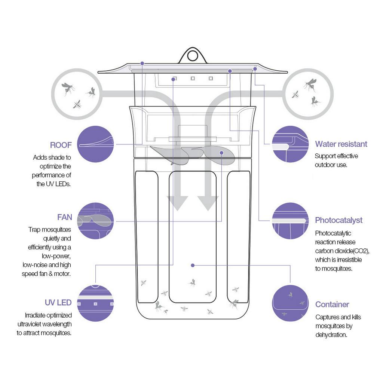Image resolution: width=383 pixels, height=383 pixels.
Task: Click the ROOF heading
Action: click(x=61, y=145)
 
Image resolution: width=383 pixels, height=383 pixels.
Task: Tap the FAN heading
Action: click(x=64, y=217)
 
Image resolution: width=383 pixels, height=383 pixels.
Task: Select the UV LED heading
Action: click(x=58, y=302)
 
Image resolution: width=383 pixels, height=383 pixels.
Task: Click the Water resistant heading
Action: click(x=341, y=144)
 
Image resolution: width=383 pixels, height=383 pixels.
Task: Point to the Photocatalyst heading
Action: click(x=338, y=220)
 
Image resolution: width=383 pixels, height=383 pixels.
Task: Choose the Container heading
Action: click(x=332, y=304)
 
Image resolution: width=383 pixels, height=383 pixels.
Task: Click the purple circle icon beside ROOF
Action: click(x=95, y=144)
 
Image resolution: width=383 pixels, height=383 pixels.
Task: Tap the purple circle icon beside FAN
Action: click(x=95, y=221)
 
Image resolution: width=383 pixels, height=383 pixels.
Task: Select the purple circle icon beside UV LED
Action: click(x=95, y=303)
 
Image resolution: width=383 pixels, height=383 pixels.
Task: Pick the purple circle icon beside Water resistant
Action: click(x=290, y=144)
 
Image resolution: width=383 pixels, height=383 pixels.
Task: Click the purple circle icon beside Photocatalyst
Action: click(x=290, y=221)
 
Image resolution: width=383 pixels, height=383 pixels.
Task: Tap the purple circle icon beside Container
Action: click(x=290, y=303)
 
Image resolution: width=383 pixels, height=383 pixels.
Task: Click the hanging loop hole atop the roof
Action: click(x=193, y=56)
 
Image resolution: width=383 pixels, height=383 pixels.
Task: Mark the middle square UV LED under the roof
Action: click(x=193, y=79)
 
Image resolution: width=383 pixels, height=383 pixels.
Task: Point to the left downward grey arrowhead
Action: click(x=177, y=203)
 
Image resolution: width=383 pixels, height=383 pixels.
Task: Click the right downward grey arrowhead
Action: click(x=208, y=203)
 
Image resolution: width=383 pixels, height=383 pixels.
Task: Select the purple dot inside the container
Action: click(x=193, y=265)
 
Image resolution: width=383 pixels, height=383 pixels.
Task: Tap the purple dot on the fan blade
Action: click(x=221, y=153)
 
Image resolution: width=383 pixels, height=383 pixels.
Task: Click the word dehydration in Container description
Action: click(x=331, y=335)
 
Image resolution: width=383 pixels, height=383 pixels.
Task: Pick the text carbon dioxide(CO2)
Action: click(x=342, y=251)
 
